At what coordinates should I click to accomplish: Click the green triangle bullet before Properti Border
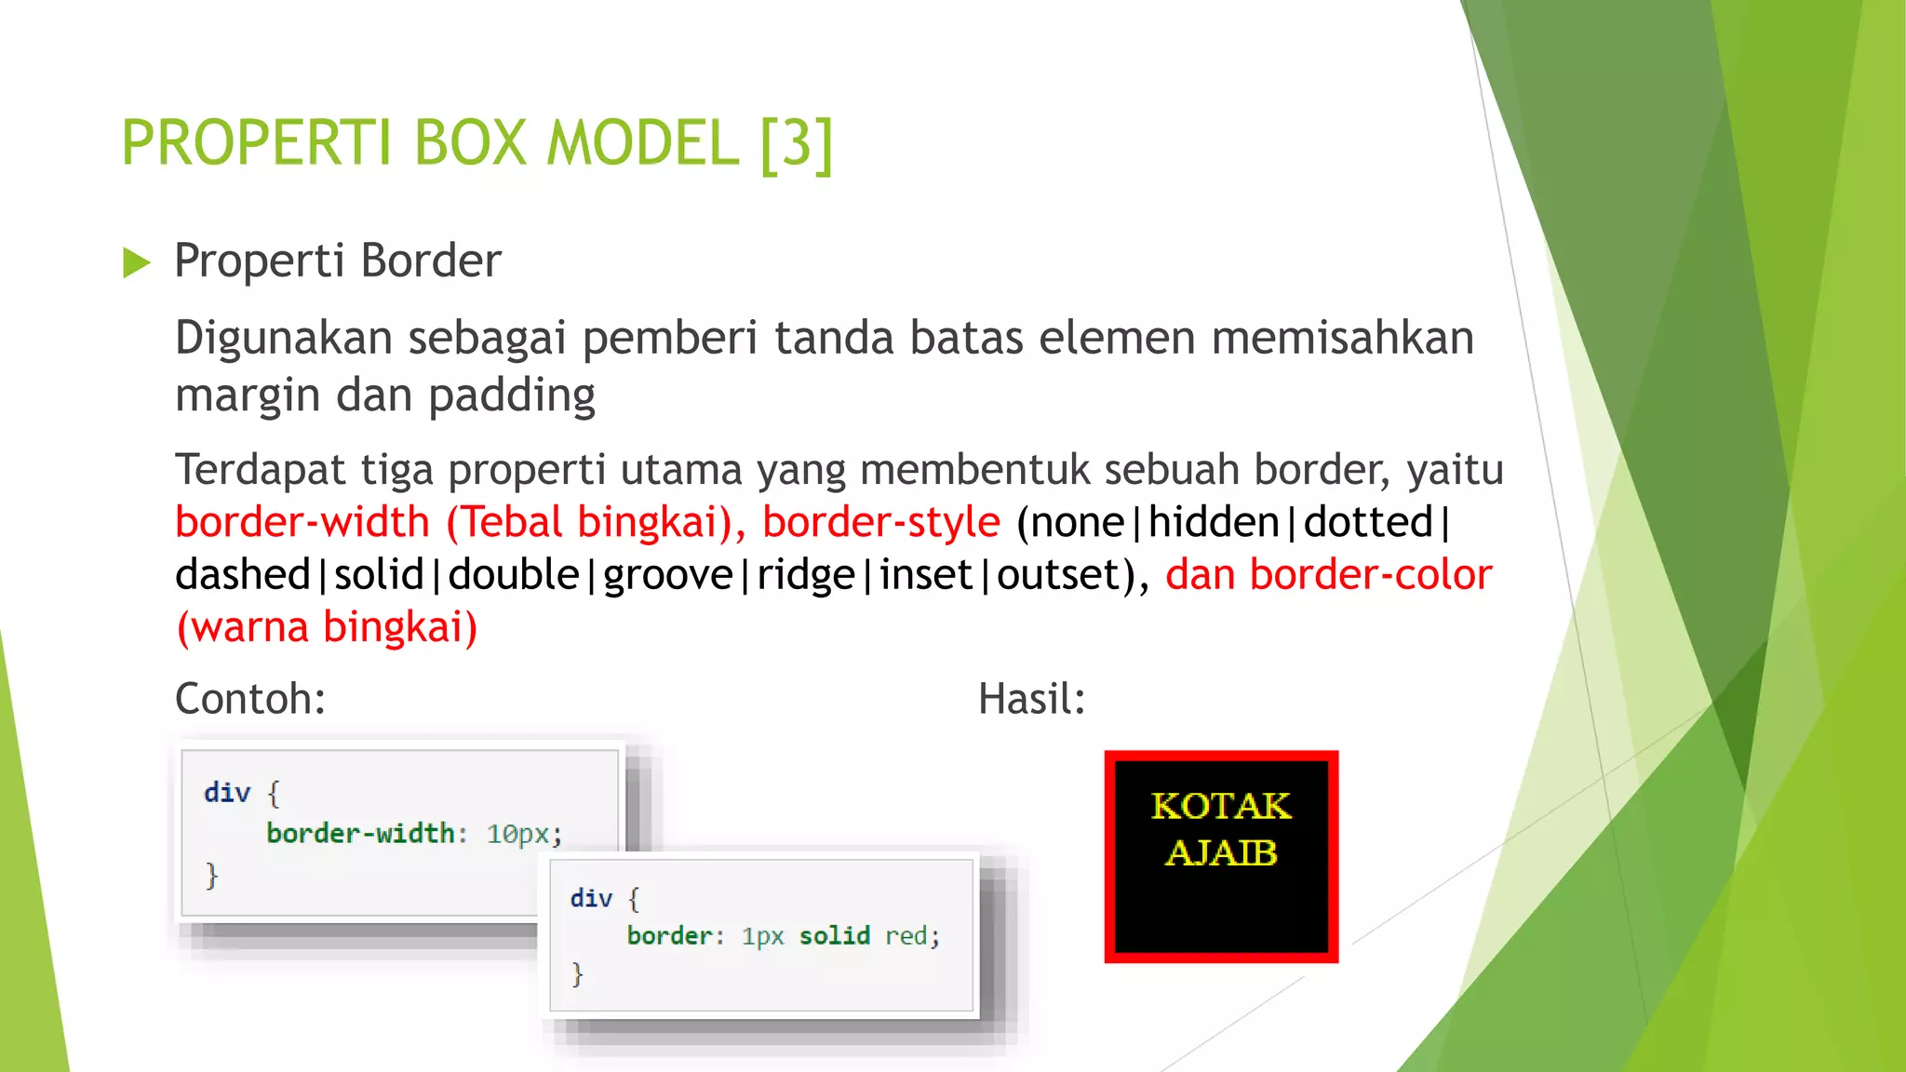click(136, 263)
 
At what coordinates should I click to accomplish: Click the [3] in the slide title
click(796, 143)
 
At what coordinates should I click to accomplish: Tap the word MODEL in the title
click(642, 143)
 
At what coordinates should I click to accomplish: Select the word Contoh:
click(250, 699)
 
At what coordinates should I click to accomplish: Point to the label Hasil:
click(1031, 699)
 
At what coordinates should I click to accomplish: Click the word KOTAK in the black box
click(1221, 806)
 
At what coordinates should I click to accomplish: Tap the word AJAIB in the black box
click(1221, 852)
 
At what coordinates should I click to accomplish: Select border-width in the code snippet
click(361, 833)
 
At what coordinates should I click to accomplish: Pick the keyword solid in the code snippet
click(835, 935)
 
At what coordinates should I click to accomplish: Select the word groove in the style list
click(668, 574)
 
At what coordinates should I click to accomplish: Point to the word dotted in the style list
click(1367, 522)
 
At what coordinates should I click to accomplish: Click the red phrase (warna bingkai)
click(327, 627)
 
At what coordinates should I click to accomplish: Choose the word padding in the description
click(512, 395)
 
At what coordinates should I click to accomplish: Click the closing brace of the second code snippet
click(577, 974)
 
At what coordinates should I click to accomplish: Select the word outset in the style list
click(1058, 574)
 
